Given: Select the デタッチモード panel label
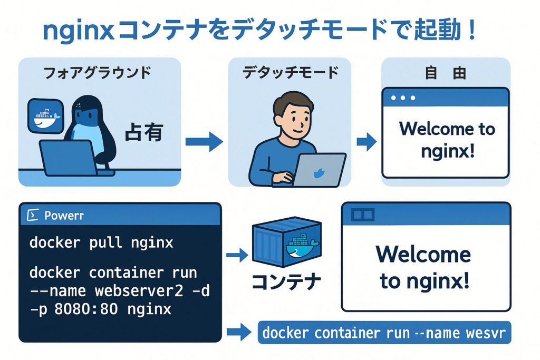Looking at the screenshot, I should click(291, 72).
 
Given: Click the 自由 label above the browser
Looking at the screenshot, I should click(446, 73).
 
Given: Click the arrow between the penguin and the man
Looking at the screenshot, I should click(204, 141).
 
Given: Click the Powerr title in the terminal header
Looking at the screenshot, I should click(64, 216).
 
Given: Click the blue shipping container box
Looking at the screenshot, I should click(286, 243).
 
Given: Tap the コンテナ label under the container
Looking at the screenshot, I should click(286, 282).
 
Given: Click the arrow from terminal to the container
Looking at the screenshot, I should click(237, 256).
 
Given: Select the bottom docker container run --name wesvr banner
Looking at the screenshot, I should click(384, 333).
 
